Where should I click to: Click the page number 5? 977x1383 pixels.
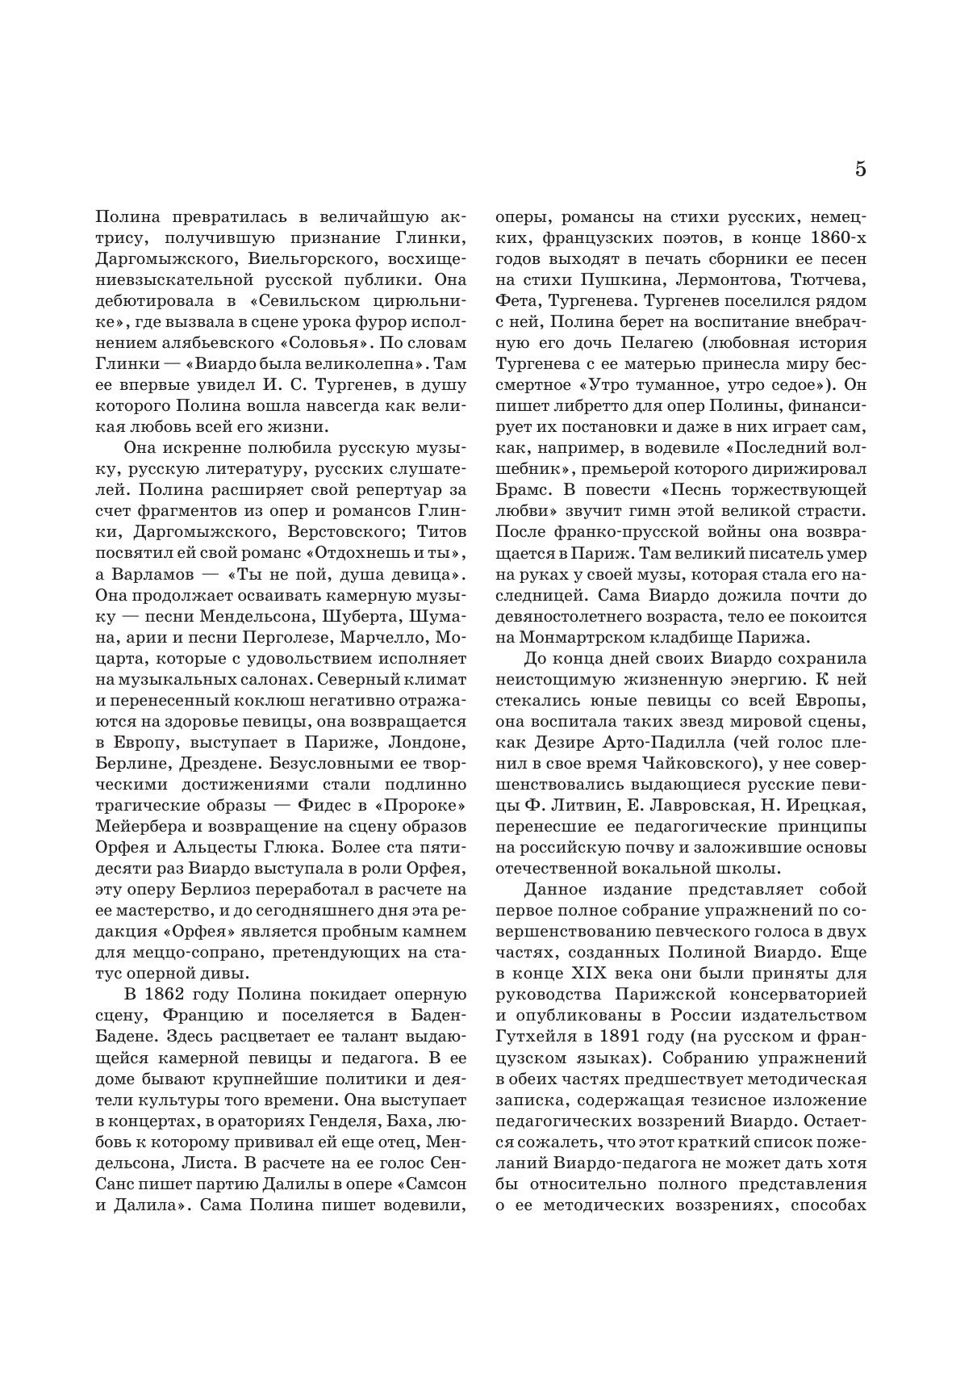(x=860, y=170)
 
